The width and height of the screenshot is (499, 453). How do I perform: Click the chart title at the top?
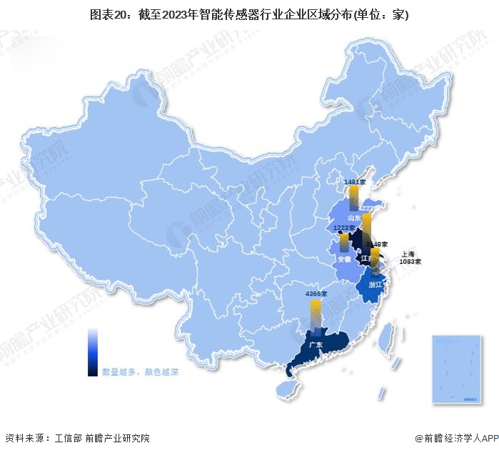249,15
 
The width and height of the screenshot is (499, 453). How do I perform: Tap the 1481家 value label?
354,182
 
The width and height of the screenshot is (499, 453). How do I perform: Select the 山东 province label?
353,217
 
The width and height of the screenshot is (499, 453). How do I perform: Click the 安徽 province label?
345,259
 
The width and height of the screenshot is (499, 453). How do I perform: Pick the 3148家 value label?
376,244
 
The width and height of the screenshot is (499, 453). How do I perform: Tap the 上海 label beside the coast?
408,254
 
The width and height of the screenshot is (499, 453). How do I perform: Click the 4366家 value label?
315,294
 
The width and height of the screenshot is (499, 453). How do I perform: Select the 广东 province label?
316,344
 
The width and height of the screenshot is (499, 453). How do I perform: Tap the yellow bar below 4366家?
315,315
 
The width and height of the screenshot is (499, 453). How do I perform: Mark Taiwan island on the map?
390,337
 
